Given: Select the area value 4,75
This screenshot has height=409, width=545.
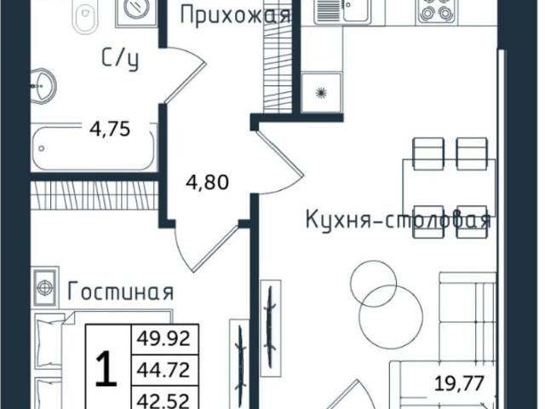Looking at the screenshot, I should pos(110,131).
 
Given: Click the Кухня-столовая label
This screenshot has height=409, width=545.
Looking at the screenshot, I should pos(398,221).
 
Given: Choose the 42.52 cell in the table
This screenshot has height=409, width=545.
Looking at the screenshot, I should pos(164,398).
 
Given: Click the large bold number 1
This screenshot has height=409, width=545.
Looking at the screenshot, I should pos(105,372).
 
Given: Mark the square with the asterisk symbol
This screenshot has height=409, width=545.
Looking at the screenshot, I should pos(322,92).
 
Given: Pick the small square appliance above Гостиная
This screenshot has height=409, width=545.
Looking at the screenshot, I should pos(43,285).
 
